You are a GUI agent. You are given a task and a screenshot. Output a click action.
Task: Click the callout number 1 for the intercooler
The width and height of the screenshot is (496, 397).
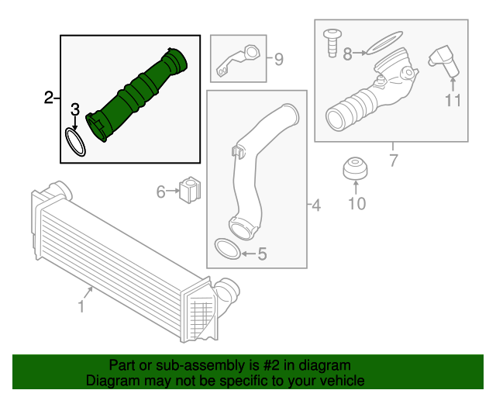coord(81,307)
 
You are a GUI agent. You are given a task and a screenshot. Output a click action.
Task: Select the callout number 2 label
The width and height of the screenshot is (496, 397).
coord(49,98)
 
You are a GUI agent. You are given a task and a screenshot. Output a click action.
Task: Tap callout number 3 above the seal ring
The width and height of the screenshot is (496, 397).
coord(75,109)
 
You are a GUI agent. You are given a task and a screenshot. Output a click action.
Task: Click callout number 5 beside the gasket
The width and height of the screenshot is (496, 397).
coord(262,253)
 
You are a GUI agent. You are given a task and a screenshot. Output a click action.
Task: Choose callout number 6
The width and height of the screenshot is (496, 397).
coord(161,191)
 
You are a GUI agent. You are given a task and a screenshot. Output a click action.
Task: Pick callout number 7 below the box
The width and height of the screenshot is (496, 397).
coord(393,161)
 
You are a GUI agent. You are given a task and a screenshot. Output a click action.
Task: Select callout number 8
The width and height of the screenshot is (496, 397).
coord(347,54)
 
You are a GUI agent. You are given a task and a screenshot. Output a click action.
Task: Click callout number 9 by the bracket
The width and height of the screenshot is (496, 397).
coord(279,58)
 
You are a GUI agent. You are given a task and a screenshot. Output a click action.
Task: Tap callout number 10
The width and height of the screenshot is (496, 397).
coord(356,204)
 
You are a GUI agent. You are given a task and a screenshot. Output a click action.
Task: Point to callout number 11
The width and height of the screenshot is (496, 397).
coord(453,100)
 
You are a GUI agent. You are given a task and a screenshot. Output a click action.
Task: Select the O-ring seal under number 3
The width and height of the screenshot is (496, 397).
coord(75,142)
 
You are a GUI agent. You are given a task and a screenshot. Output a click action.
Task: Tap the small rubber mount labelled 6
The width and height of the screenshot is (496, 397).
coord(190,190)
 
